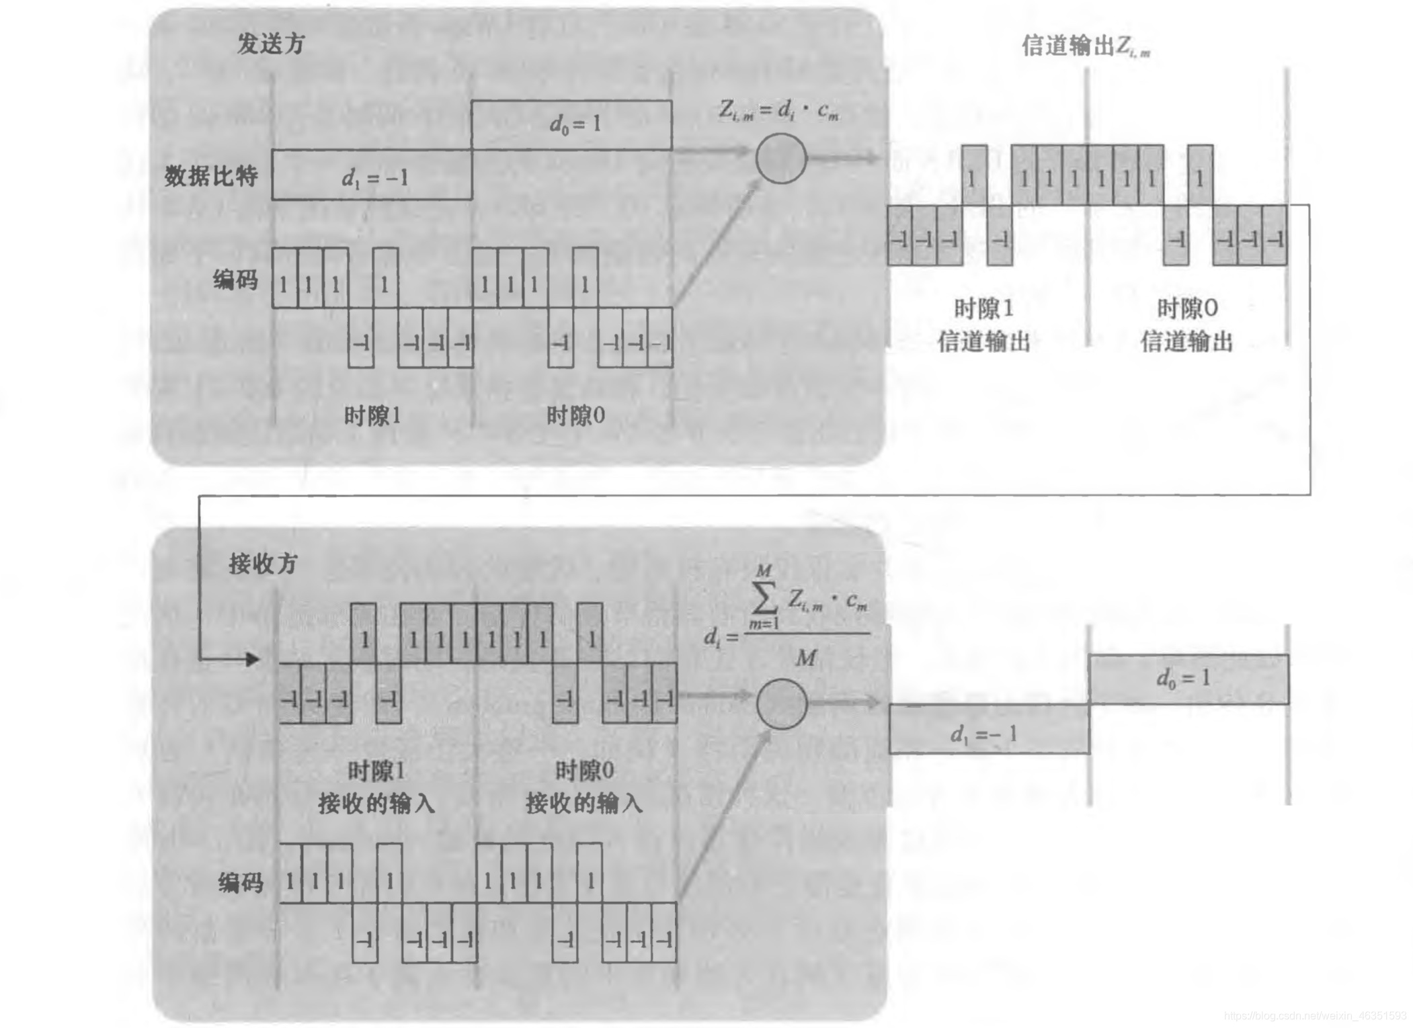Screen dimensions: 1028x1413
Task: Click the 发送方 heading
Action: (x=271, y=44)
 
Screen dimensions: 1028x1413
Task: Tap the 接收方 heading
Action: (x=263, y=563)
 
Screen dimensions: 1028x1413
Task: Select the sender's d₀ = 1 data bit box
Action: (x=571, y=124)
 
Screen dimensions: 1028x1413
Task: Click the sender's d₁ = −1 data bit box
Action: (x=372, y=175)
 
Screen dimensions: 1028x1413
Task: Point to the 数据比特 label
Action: (x=211, y=176)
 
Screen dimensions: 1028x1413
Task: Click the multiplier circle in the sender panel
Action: (x=780, y=159)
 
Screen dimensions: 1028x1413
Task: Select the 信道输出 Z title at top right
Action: (x=1085, y=46)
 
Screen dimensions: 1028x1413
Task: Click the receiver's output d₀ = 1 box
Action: (x=1188, y=679)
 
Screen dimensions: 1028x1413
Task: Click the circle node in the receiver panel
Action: (x=781, y=703)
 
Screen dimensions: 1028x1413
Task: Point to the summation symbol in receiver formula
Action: (x=764, y=598)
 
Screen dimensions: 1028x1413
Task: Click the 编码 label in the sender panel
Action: (x=235, y=279)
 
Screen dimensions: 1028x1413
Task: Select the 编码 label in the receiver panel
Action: (x=240, y=882)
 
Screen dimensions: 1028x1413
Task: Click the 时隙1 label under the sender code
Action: (x=372, y=416)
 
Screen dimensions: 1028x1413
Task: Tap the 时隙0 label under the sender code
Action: (x=575, y=416)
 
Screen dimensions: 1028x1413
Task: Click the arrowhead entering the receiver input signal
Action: (x=252, y=659)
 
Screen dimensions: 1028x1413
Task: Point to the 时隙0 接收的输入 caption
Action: (x=583, y=787)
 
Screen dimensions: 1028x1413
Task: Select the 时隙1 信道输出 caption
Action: (x=984, y=325)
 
